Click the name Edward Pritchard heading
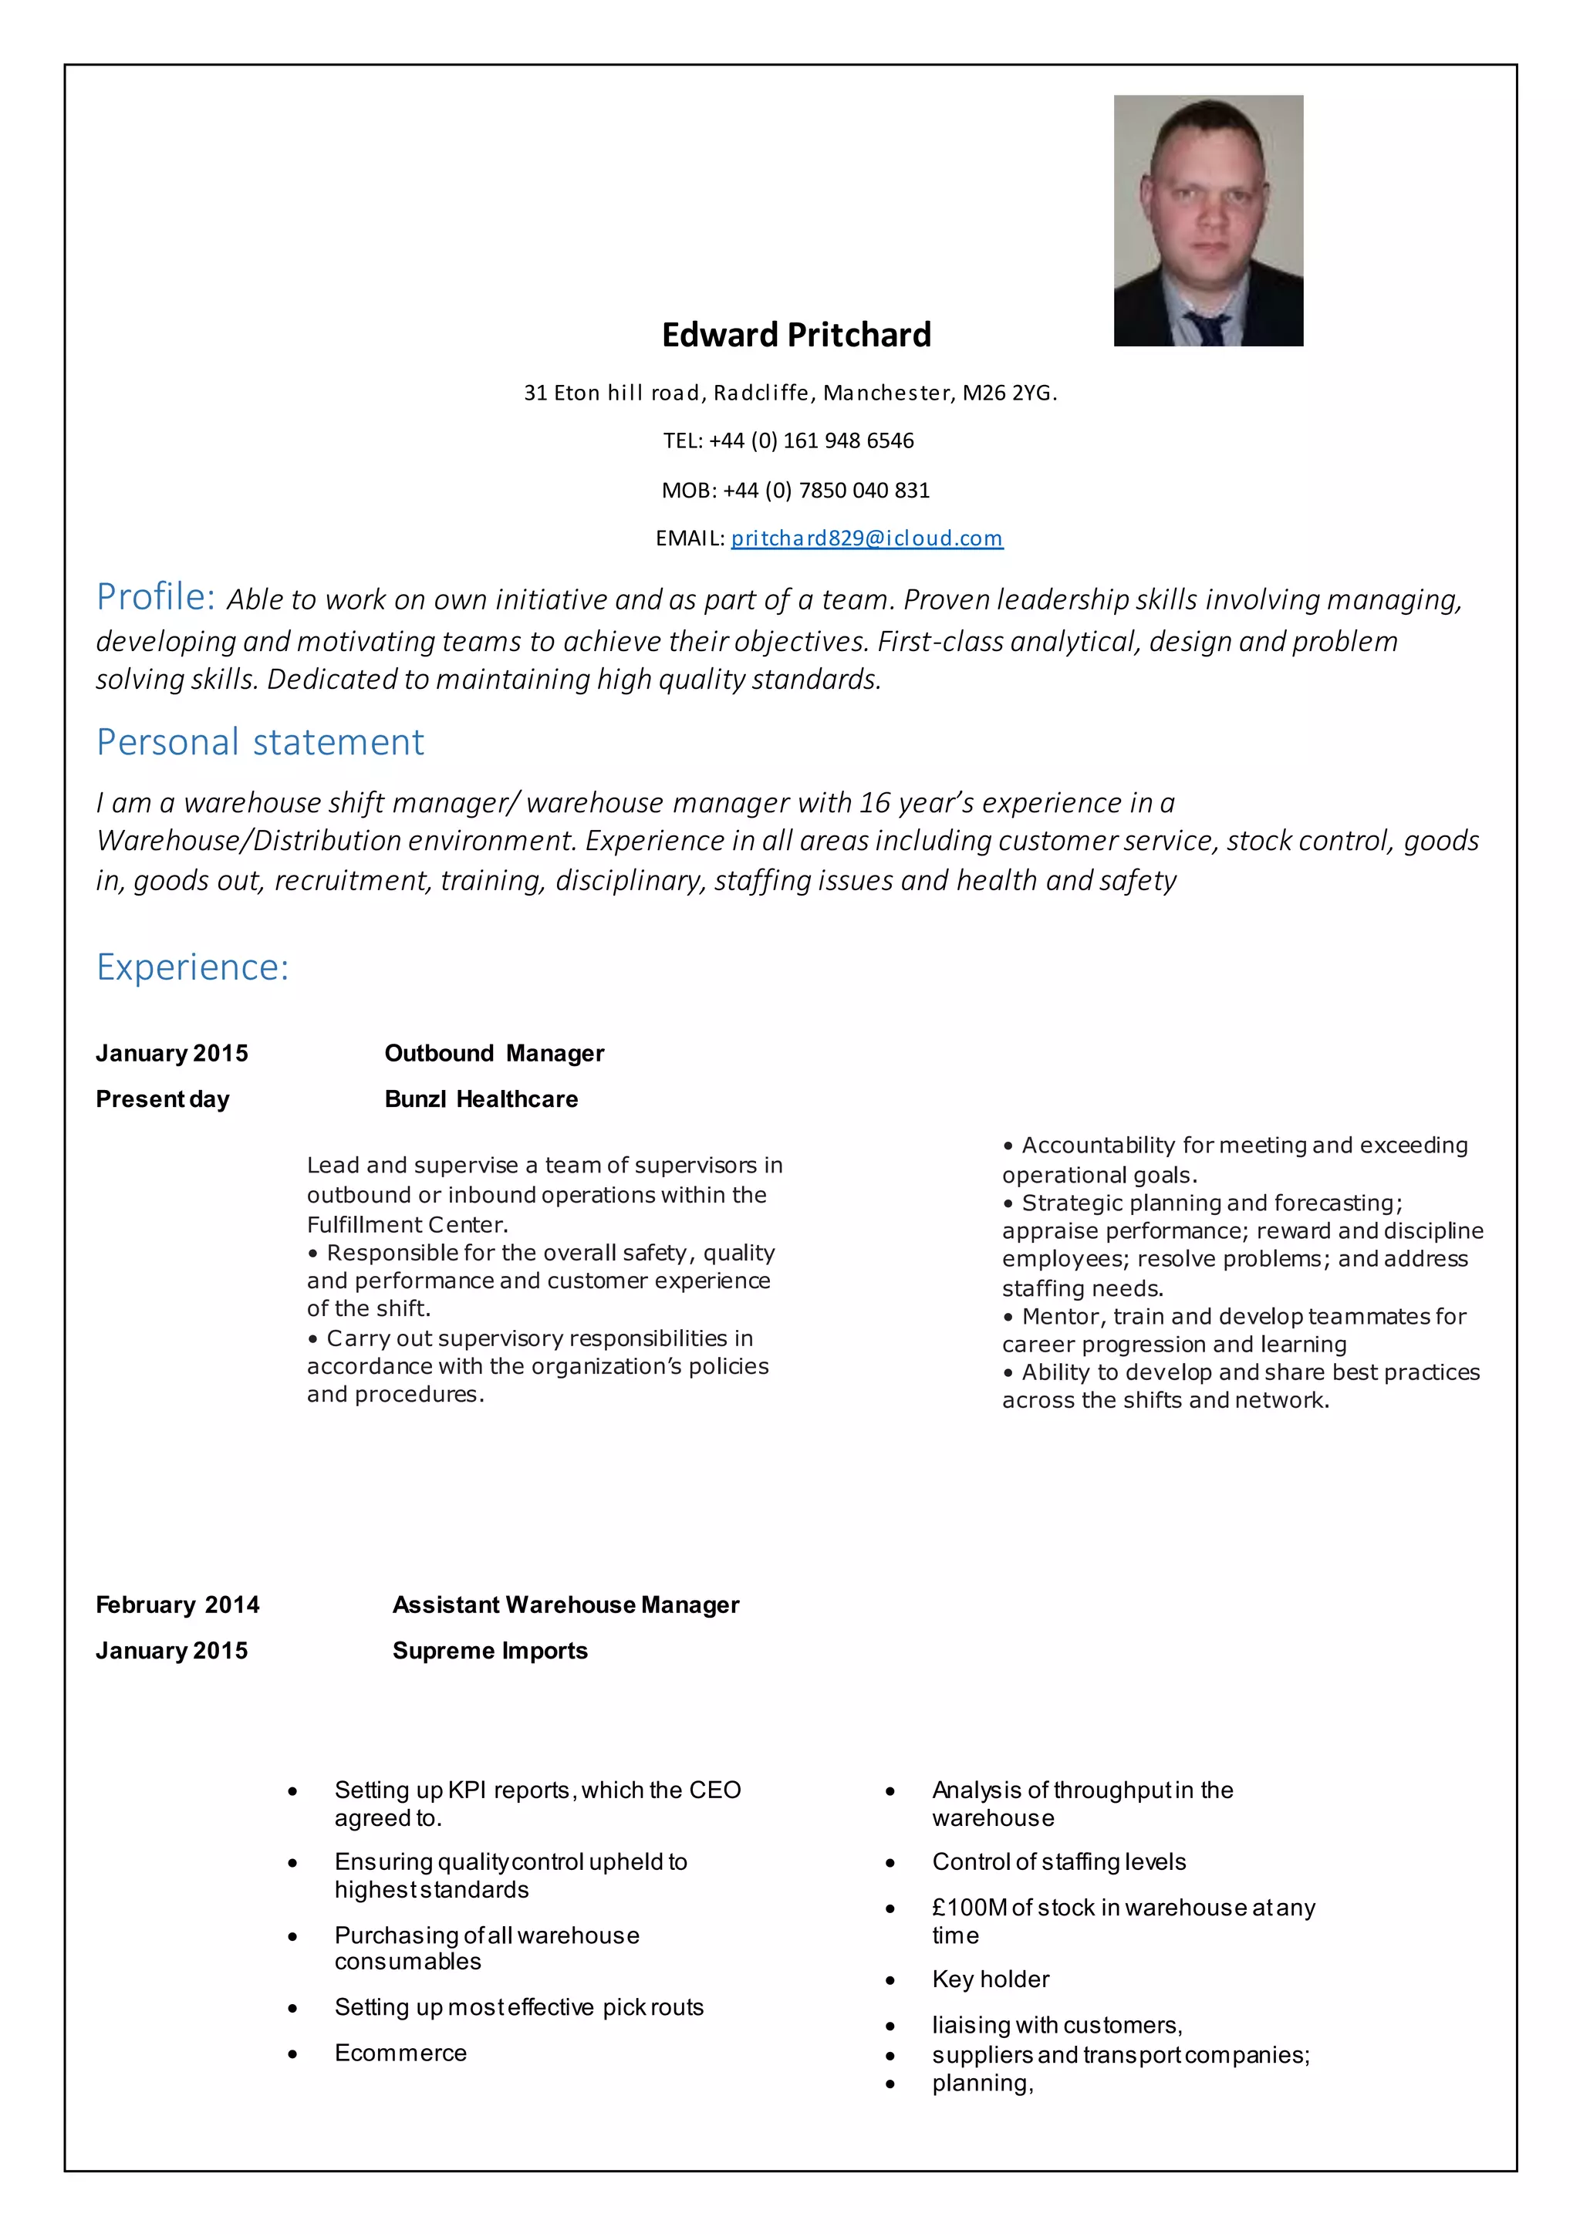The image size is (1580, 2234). coord(796,335)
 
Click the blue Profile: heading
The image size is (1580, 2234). coord(155,596)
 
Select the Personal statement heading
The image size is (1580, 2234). coord(260,742)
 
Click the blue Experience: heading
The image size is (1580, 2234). coord(193,967)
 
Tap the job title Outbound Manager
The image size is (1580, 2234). coord(495,1053)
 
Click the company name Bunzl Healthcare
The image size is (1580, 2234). coord(481,1098)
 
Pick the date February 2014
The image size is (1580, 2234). coord(177,1605)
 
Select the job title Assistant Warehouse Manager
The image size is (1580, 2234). coord(565,1605)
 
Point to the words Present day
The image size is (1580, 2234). coord(163,1098)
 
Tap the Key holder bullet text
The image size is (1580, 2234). coord(991,1979)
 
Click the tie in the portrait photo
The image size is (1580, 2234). coord(1207,329)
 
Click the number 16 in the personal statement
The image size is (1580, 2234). coord(875,803)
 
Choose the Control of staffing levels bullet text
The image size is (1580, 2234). coord(1058,1861)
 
